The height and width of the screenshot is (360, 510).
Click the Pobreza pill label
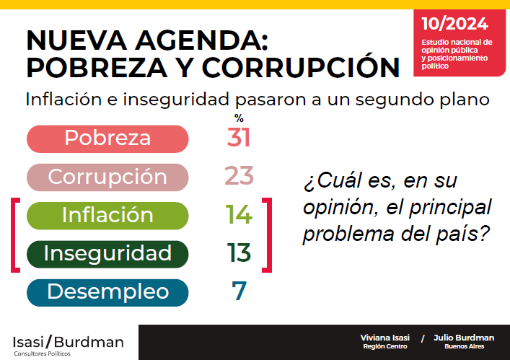107,138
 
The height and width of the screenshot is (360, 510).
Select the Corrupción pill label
107,176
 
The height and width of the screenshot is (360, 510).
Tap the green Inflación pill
107,215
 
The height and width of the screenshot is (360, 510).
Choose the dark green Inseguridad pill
107,253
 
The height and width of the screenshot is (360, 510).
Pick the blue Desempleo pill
107,292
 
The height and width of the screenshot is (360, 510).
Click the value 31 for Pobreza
239,138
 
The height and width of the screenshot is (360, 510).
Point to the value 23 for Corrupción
238,176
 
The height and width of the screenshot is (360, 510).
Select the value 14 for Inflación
239,215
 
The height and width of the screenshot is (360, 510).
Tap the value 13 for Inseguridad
238,253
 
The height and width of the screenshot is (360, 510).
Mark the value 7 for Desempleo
239,292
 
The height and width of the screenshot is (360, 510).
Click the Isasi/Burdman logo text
68,341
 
